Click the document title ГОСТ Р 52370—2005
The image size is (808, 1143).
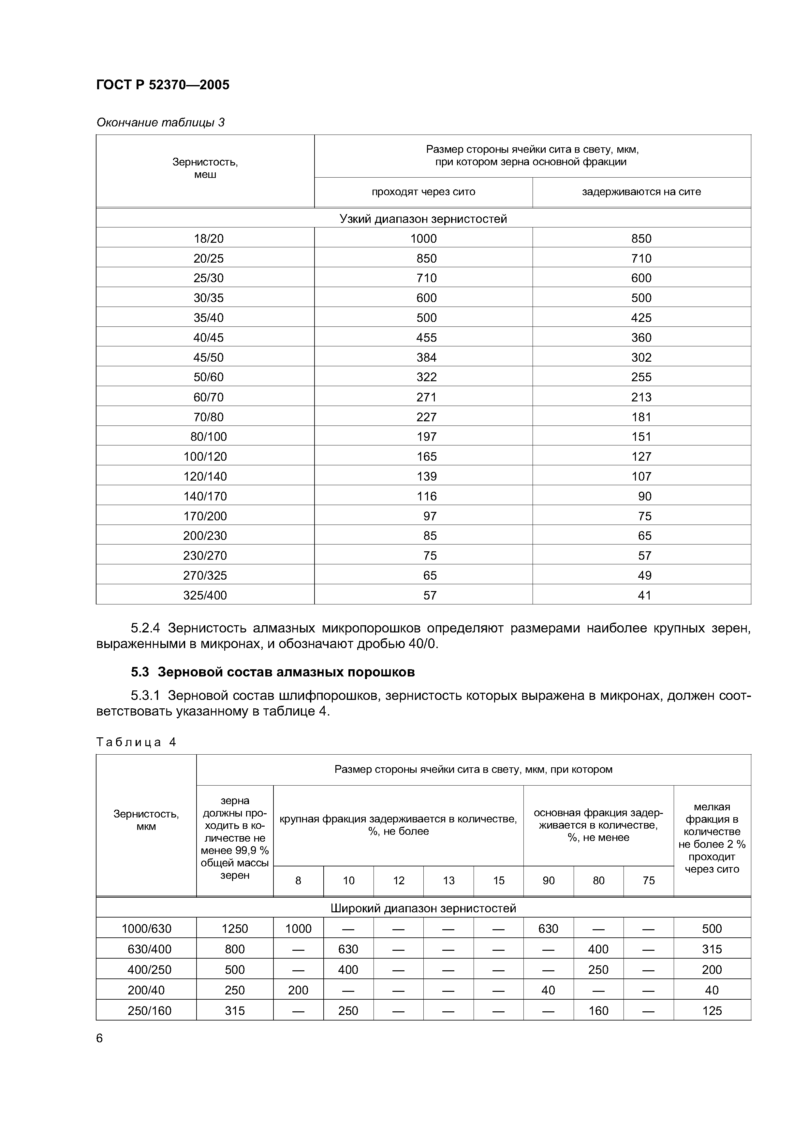tap(162, 85)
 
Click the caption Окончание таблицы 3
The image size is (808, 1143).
tap(160, 123)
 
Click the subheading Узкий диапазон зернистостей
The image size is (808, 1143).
tap(423, 219)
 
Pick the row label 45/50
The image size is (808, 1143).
tap(209, 357)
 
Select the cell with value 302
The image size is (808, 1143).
tap(641, 357)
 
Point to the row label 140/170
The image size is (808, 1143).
tap(205, 496)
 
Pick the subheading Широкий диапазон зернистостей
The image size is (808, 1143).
tap(423, 908)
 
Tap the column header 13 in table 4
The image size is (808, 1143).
tap(448, 881)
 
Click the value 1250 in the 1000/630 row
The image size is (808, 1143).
tap(234, 929)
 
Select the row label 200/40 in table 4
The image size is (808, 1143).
tap(146, 990)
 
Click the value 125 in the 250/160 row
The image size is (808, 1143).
tap(712, 1011)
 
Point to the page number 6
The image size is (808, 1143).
tap(99, 1038)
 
